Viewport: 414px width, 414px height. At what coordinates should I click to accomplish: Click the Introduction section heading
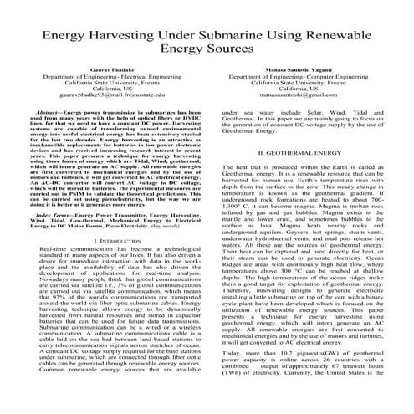click(105, 242)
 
